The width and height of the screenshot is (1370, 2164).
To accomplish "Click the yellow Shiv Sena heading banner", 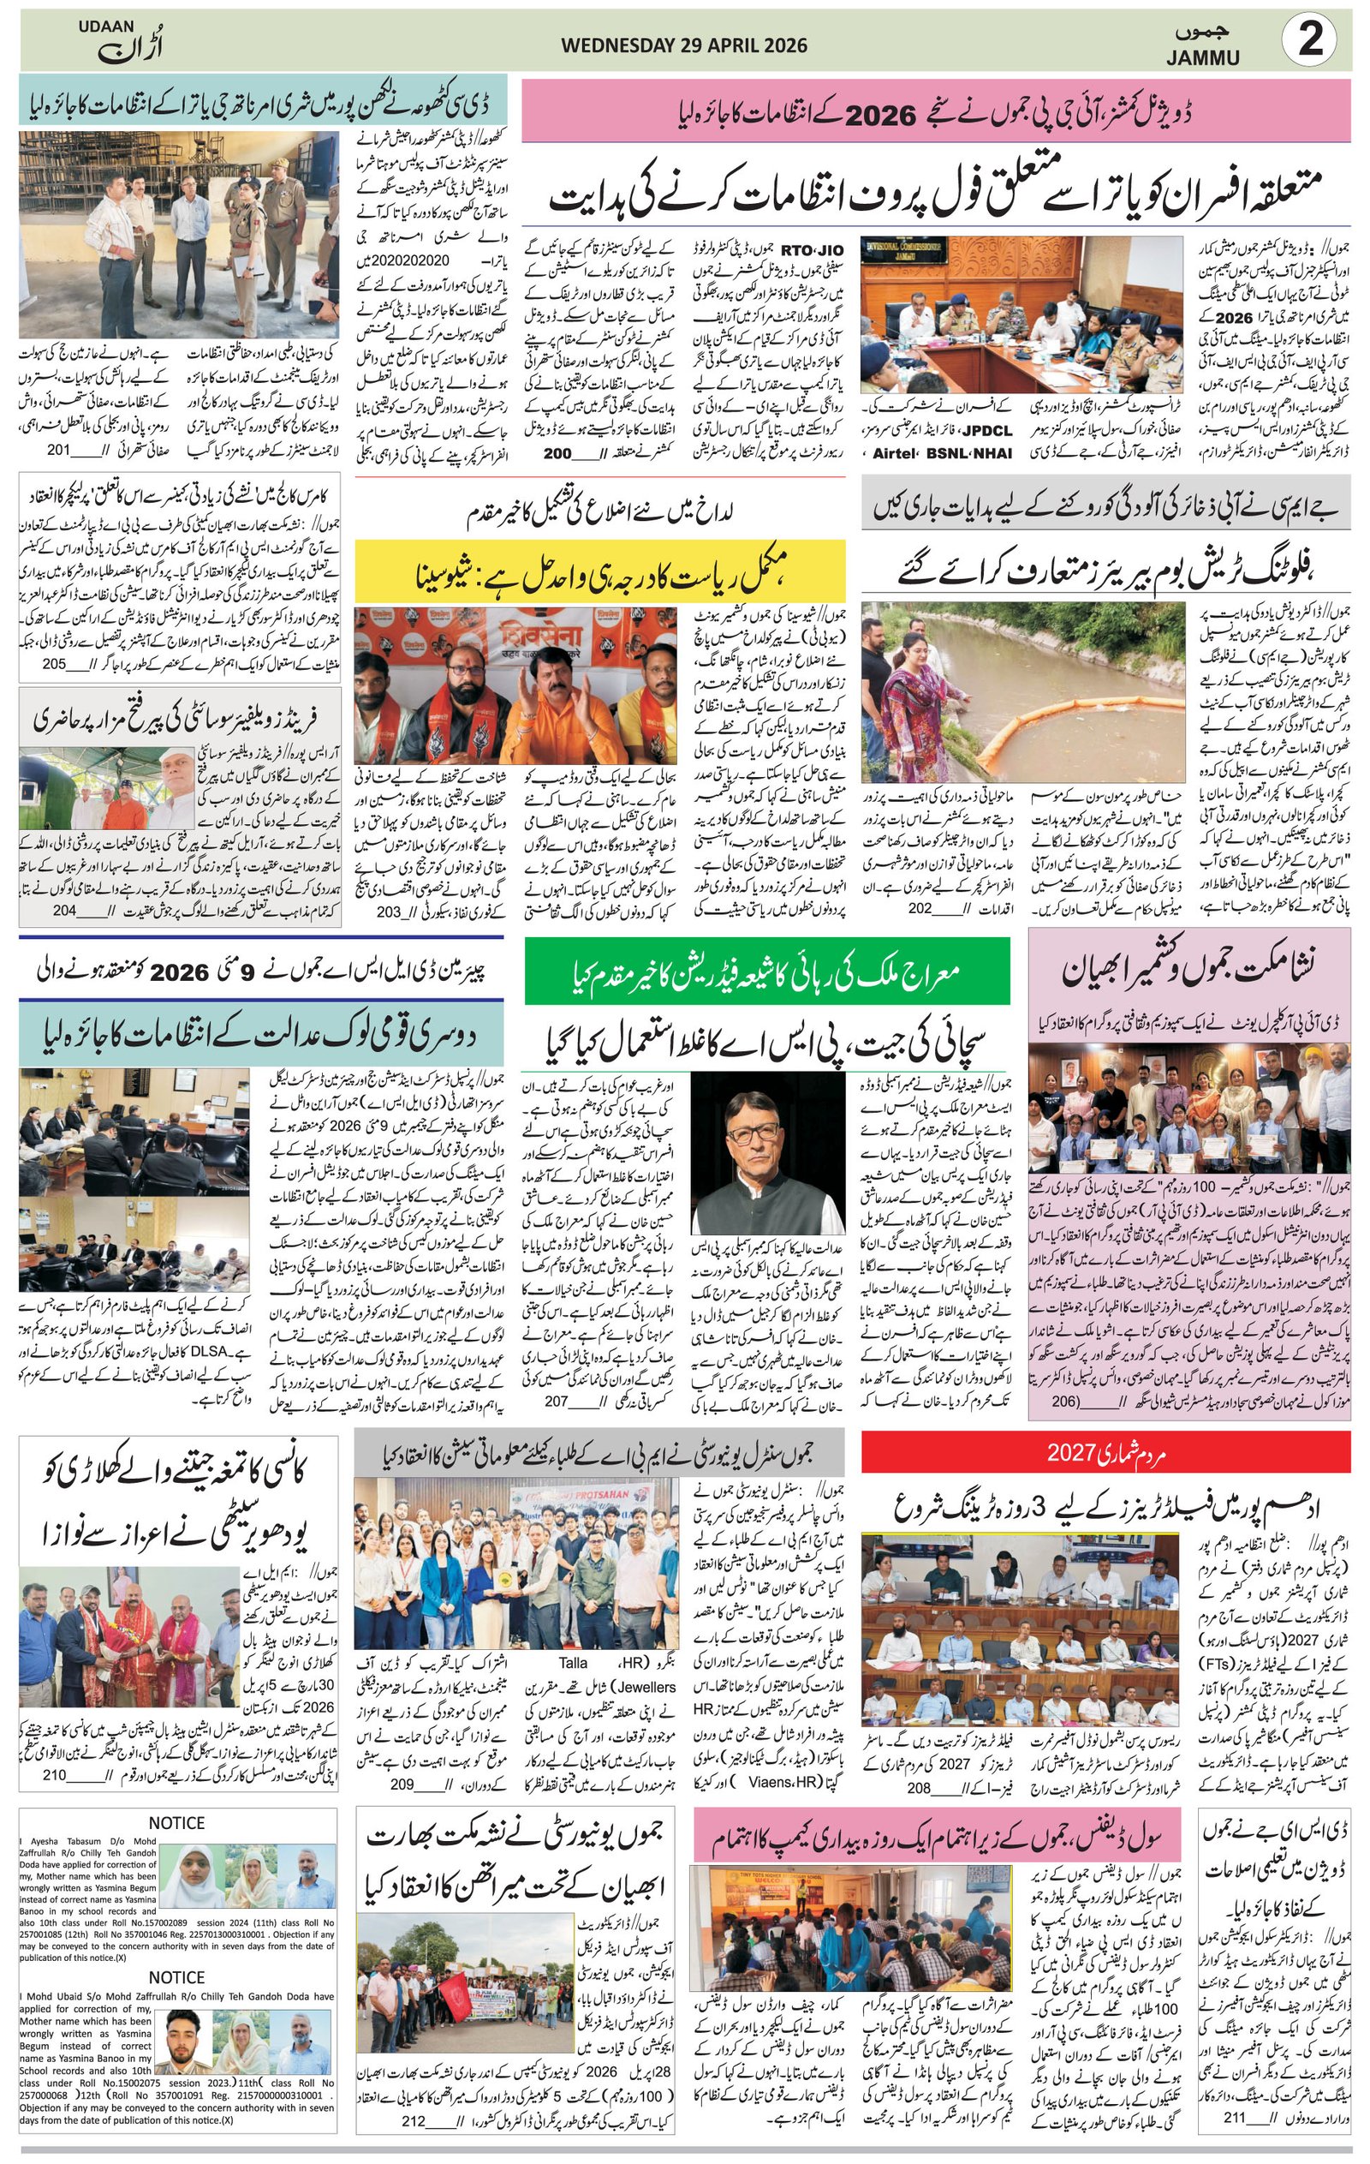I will click(x=599, y=571).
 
